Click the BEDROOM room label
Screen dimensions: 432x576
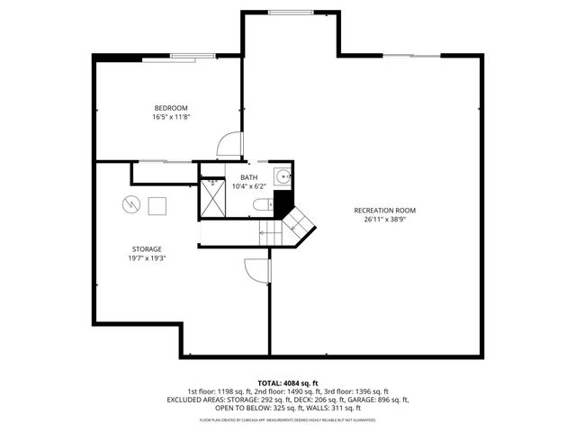[x=170, y=108]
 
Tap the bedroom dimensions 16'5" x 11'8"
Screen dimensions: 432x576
[x=170, y=117]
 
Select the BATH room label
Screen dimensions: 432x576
[x=248, y=178]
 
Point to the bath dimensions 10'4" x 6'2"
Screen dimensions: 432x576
[x=248, y=187]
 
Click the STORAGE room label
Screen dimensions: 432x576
[x=147, y=248]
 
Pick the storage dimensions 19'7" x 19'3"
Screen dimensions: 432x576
[x=147, y=257]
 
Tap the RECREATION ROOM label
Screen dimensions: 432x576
[x=390, y=210]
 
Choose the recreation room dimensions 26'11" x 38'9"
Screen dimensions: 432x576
[x=390, y=219]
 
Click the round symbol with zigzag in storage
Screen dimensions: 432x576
[x=132, y=205]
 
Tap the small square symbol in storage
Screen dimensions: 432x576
[x=157, y=205]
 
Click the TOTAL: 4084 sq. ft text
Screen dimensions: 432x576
[x=287, y=383]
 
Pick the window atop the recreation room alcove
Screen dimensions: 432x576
[x=287, y=12]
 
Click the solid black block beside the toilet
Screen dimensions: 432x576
[x=283, y=202]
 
